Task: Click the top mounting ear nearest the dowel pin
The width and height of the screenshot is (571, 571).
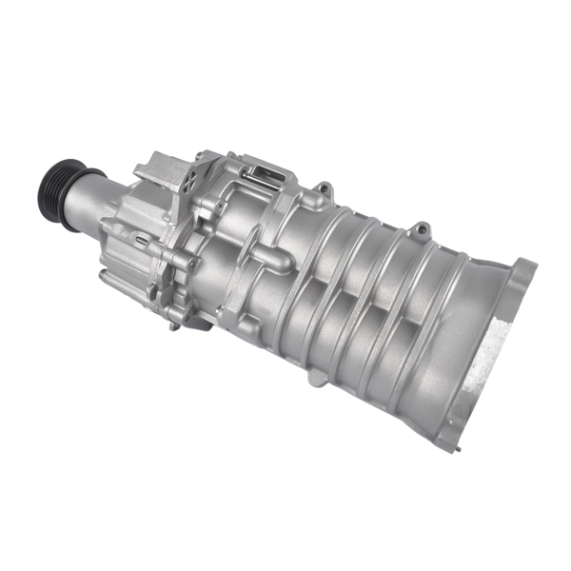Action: tap(324, 187)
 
